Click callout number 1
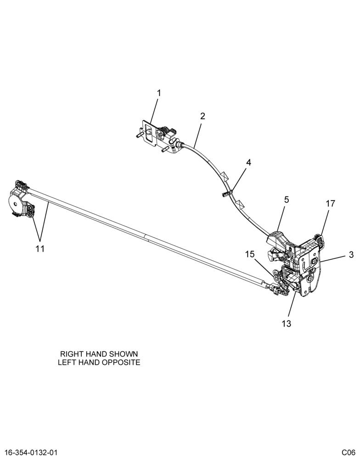pyautogui.click(x=159, y=93)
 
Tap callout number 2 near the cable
pyautogui.click(x=202, y=116)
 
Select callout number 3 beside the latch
pyautogui.click(x=351, y=255)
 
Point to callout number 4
pyautogui.click(x=248, y=162)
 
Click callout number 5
pyautogui.click(x=286, y=200)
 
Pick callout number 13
pyautogui.click(x=287, y=324)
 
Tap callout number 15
pyautogui.click(x=250, y=254)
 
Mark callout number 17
pyautogui.click(x=331, y=203)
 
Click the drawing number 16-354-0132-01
pyautogui.click(x=29, y=452)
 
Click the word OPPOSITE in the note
pyautogui.click(x=122, y=362)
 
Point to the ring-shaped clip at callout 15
pyautogui.click(x=276, y=274)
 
